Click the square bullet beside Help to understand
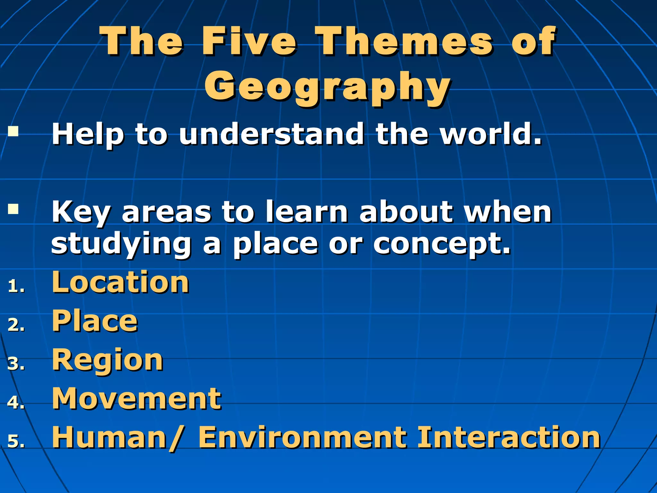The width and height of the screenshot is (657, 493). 13,132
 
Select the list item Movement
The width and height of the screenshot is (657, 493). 137,399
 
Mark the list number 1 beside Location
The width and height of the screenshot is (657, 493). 16,286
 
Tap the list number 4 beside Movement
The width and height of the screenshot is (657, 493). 16,402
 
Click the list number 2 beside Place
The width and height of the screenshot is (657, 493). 16,325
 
